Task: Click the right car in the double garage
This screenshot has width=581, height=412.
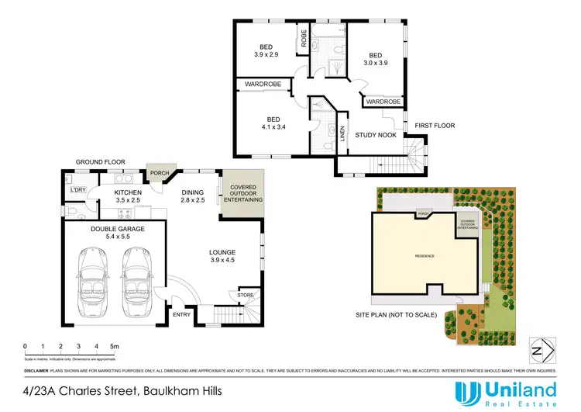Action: coord(137,281)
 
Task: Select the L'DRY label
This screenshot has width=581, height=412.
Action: coord(77,190)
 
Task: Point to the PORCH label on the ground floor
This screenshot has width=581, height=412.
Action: coord(160,173)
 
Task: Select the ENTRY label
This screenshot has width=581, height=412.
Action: coord(182,314)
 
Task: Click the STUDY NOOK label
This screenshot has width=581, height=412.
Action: coord(376,135)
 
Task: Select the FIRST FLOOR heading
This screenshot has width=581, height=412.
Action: coord(435,125)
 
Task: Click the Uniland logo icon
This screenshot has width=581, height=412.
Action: coord(467,393)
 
